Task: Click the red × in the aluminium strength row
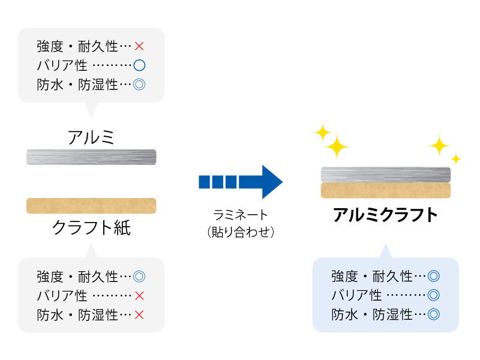pos(139,46)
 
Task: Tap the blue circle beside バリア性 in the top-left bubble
pos(139,65)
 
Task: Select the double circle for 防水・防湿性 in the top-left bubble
pos(139,84)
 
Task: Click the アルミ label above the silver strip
pos(91,137)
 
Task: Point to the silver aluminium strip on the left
pos(91,157)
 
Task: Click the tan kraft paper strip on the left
pos(91,206)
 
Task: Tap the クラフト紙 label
pos(91,227)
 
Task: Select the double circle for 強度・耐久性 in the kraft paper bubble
pos(139,277)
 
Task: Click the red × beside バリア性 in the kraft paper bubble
pos(139,295)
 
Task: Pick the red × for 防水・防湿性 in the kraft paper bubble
pos(139,314)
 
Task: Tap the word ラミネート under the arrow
pos(240,214)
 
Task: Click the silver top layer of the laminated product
pos(385,175)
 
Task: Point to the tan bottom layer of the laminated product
pos(385,190)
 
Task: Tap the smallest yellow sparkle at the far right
pos(456,158)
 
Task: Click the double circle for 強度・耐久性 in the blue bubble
pos(434,277)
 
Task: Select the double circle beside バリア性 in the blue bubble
pos(434,295)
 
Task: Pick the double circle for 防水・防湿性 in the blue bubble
pos(434,314)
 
